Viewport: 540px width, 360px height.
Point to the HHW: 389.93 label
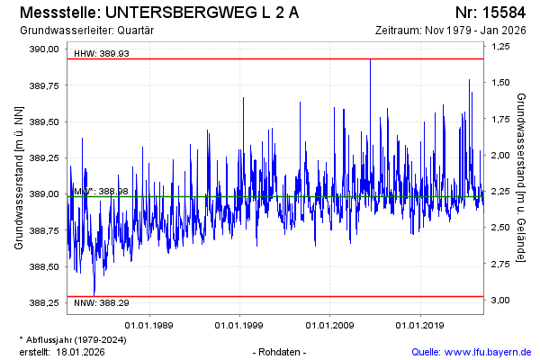click(102, 53)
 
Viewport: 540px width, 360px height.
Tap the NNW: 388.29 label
click(102, 302)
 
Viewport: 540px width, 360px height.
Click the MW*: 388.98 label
click(101, 191)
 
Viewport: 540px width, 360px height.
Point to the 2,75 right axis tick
click(501, 264)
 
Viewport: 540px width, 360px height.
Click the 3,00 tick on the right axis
click(501, 300)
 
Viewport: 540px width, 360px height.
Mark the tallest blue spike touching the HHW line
click(370, 61)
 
